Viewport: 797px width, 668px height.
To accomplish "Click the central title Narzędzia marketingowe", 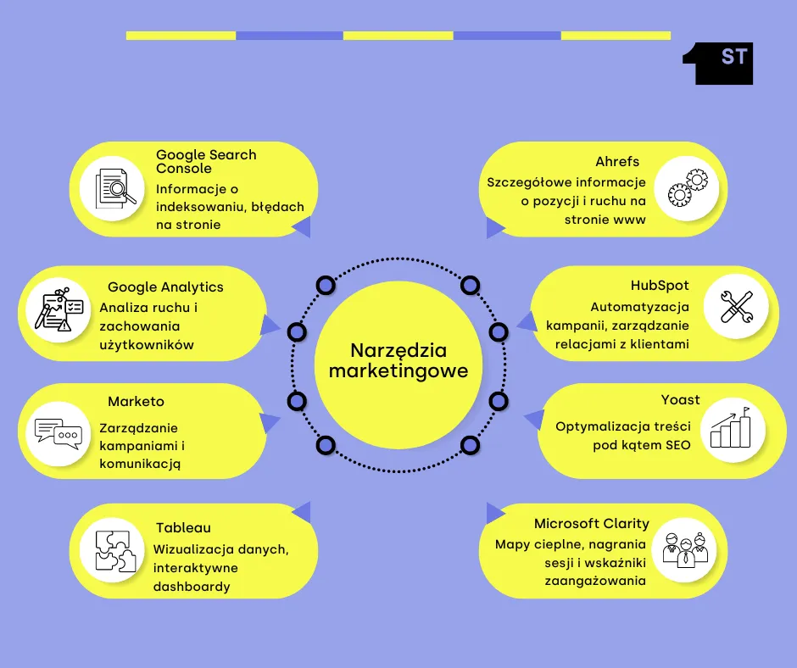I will [x=398, y=361].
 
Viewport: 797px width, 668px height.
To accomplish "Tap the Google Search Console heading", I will [x=206, y=161].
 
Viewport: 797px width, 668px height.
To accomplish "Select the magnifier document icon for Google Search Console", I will [x=112, y=188].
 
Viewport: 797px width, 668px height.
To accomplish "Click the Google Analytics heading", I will [x=165, y=287].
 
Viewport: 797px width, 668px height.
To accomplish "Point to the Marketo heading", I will [x=136, y=401].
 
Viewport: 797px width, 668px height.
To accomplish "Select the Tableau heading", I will [x=183, y=527].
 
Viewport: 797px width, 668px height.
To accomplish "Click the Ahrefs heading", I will [x=617, y=161].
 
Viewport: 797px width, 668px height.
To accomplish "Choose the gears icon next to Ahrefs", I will [x=686, y=188].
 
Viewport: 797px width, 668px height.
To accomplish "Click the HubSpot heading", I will [x=660, y=286].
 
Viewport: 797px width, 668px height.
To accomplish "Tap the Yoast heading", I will [x=681, y=399].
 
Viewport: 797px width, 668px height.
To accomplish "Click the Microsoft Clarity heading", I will [x=592, y=524].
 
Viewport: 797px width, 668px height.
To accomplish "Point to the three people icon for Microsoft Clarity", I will [x=686, y=550].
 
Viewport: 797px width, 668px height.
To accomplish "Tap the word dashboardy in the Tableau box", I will [x=192, y=586].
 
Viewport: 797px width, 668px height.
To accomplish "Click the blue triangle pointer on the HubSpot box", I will [x=526, y=321].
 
